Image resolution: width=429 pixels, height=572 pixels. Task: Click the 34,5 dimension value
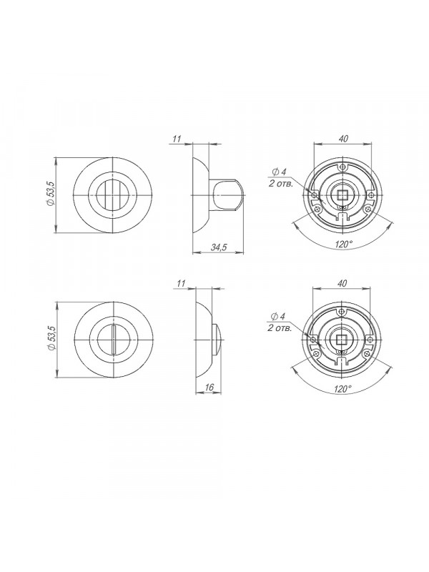click(x=219, y=247)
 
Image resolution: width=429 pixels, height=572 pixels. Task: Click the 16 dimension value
click(x=209, y=388)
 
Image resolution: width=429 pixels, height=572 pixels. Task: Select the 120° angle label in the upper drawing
click(x=343, y=245)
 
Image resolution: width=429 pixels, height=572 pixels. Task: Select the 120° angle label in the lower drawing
click(x=342, y=389)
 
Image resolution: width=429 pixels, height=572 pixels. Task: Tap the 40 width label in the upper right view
click(x=343, y=139)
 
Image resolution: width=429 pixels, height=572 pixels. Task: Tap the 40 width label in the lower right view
click(x=342, y=283)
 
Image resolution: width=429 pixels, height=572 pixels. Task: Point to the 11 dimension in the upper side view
click(x=177, y=139)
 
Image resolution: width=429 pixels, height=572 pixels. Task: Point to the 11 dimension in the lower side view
click(x=182, y=283)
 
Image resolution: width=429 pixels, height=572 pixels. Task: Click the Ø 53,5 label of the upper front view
click(x=51, y=194)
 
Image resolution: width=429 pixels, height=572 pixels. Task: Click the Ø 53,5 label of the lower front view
click(x=51, y=338)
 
